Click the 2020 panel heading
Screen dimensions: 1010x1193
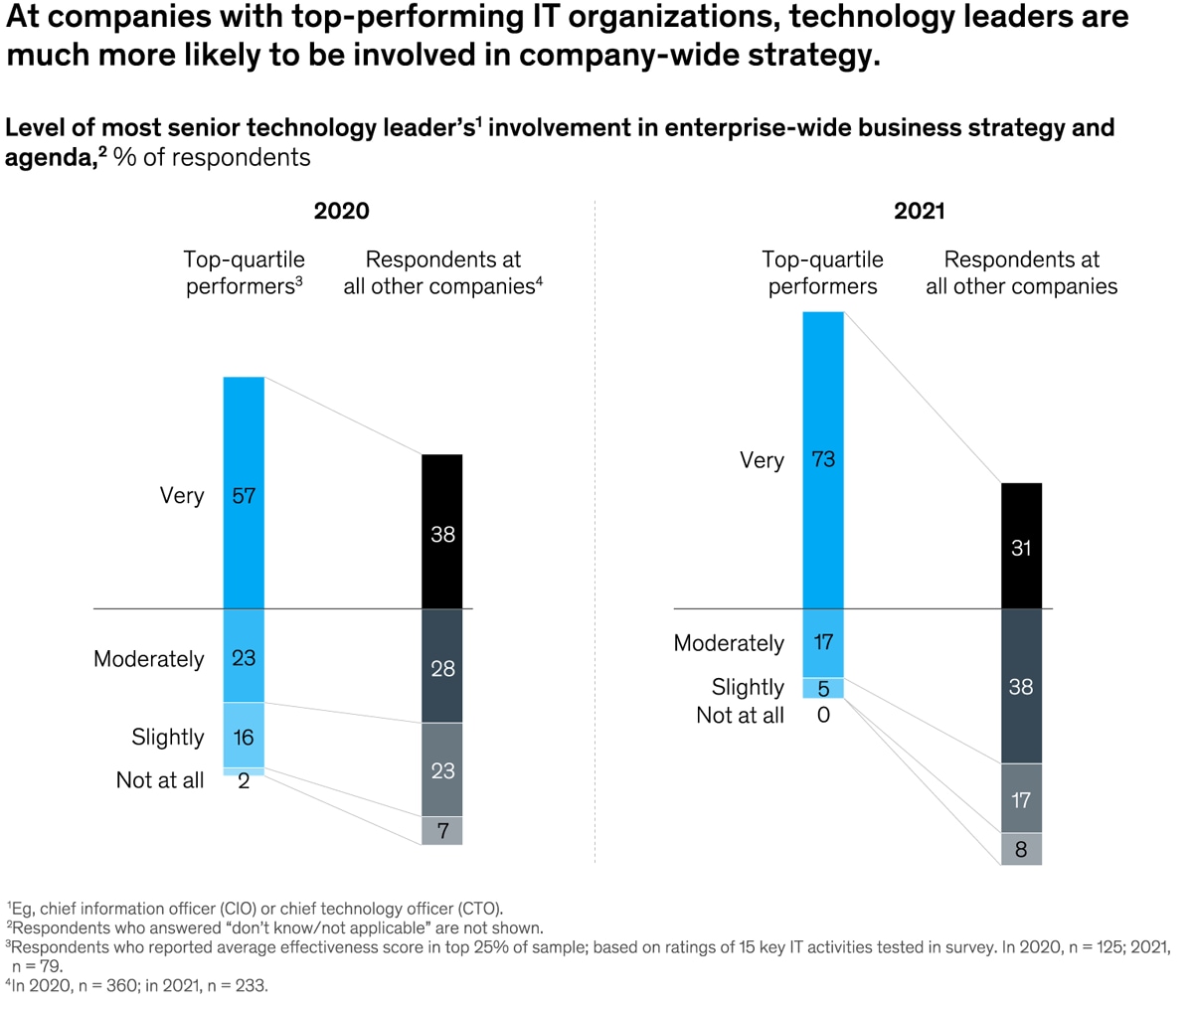pos(341,211)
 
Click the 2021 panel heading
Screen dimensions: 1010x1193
pos(919,211)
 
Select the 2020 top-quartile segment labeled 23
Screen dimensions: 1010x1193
pos(244,656)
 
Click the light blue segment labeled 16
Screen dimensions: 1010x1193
pos(244,736)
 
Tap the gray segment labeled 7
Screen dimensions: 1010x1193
pos(442,830)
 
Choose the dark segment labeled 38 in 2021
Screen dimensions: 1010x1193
pos(1021,686)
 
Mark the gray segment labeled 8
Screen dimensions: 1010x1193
pos(1021,850)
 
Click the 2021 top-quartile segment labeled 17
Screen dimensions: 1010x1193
pos(823,642)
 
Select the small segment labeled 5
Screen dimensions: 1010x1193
pos(823,688)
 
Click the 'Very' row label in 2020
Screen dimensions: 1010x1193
pos(182,495)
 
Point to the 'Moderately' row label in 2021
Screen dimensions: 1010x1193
pos(729,643)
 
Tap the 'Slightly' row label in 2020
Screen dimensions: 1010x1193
pos(167,737)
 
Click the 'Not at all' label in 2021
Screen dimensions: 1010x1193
pos(740,715)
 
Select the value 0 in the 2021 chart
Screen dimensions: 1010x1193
pos(823,715)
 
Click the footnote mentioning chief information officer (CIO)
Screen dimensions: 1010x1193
pos(256,908)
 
